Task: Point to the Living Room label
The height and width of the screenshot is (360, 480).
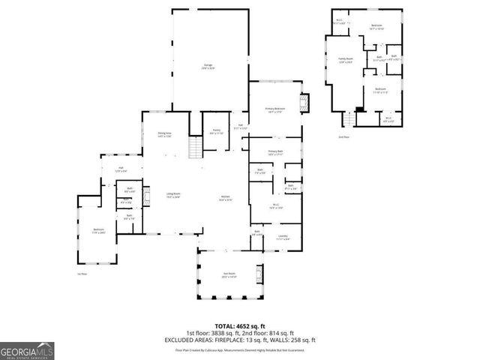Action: [x=173, y=196]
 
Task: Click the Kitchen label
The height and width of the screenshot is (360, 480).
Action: [x=225, y=199]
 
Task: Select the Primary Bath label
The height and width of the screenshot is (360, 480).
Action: [x=274, y=152]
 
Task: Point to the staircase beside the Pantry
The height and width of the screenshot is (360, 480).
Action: [x=193, y=148]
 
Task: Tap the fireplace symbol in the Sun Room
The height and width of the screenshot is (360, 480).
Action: [x=259, y=273]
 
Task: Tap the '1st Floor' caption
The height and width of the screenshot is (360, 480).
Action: [x=83, y=274]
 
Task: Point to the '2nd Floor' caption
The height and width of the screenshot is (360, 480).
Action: [x=344, y=137]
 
